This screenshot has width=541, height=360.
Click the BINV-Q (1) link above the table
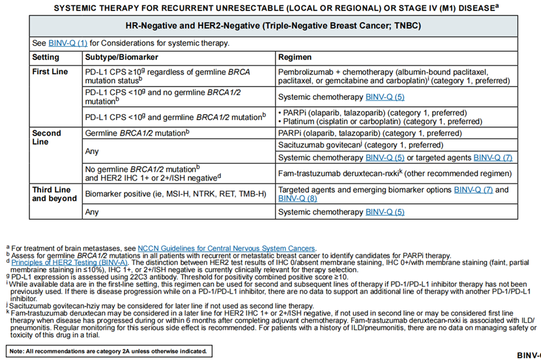(x=68, y=43)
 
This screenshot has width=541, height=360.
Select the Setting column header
(x=47, y=57)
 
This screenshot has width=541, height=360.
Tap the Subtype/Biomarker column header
(x=121, y=57)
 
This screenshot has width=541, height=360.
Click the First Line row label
(x=51, y=72)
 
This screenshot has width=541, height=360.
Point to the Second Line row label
(x=47, y=137)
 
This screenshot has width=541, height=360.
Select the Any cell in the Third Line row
(x=92, y=212)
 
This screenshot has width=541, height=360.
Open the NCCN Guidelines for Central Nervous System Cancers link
(x=226, y=248)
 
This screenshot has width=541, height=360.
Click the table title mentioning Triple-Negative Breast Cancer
(x=273, y=25)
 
